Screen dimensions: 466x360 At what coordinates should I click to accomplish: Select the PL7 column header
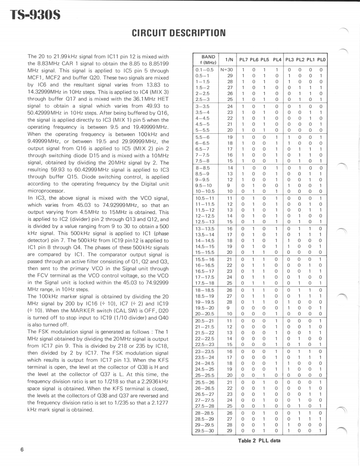click(x=243, y=60)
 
